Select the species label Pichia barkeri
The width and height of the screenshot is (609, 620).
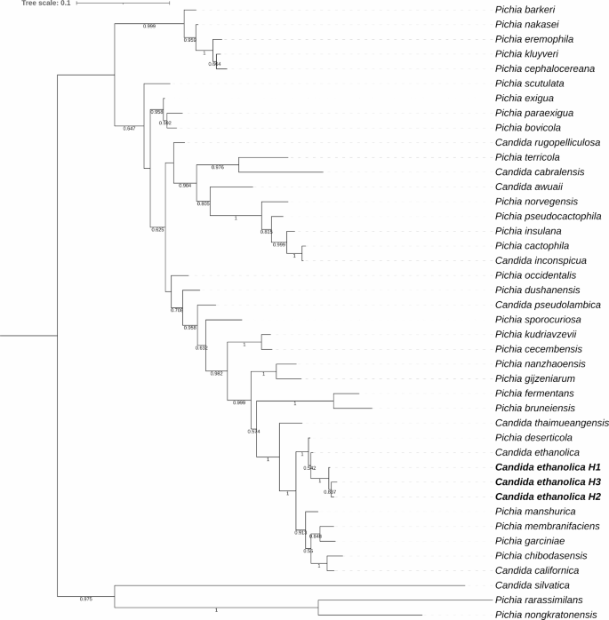click(x=524, y=10)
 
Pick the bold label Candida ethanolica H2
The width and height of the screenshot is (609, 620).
click(x=549, y=497)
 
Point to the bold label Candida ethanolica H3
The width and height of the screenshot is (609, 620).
click(x=549, y=481)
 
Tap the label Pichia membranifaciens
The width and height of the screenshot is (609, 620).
click(x=543, y=526)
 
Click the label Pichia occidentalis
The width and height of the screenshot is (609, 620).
click(x=533, y=275)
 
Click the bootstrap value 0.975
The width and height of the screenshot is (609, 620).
click(x=86, y=600)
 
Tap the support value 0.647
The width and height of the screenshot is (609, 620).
click(x=128, y=129)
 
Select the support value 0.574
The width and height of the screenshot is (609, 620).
click(x=253, y=431)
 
